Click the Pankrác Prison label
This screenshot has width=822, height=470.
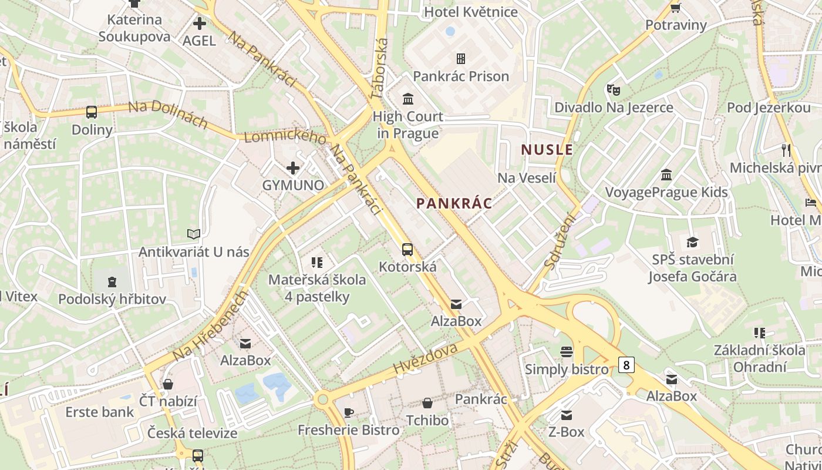[x=461, y=76]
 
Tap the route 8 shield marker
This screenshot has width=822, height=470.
[x=626, y=365]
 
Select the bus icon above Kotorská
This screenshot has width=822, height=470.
[x=407, y=250]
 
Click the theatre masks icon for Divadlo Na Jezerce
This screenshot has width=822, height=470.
[x=614, y=90]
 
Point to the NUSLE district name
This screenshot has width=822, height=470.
[x=547, y=150]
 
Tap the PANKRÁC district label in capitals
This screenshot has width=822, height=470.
[x=454, y=204]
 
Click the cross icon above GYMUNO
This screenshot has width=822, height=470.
[x=293, y=169]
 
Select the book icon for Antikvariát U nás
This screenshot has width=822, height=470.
[x=194, y=234]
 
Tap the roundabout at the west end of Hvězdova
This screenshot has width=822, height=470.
[x=322, y=400]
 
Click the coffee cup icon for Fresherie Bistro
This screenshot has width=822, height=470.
[x=349, y=412]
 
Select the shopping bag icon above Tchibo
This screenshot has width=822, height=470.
[x=427, y=403]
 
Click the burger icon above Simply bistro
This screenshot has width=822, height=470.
[x=567, y=352]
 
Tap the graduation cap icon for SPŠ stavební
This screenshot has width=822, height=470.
[x=693, y=242]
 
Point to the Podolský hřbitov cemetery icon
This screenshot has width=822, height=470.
[x=112, y=281]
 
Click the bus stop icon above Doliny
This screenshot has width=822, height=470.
[x=92, y=112]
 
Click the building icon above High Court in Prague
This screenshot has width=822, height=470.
[x=408, y=98]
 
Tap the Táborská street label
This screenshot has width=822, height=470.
[x=380, y=68]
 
